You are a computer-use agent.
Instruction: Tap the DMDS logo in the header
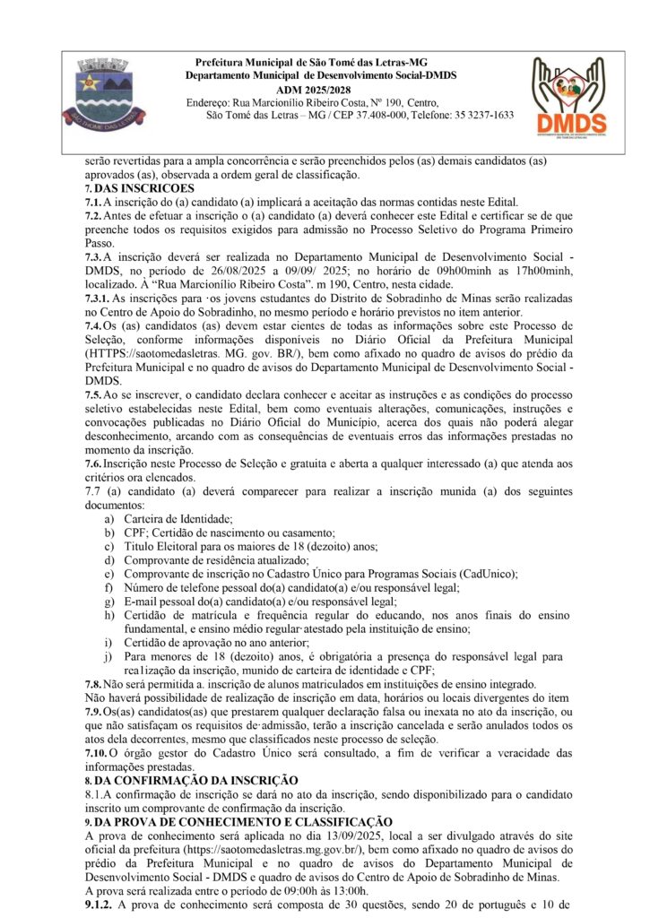pos(569,97)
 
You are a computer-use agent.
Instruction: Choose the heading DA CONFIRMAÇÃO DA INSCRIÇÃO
pos(203,781)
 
